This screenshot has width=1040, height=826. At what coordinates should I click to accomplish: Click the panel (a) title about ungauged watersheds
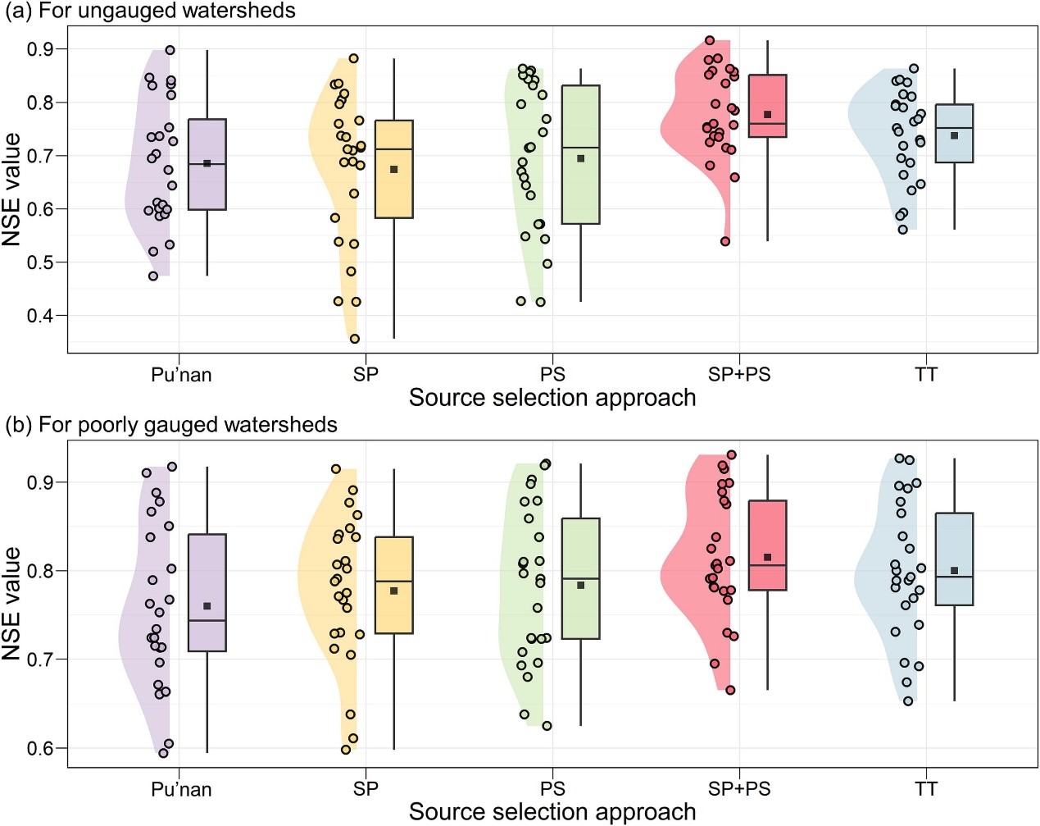click(x=151, y=11)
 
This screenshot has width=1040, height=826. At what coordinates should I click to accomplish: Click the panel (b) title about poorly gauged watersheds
click(x=171, y=425)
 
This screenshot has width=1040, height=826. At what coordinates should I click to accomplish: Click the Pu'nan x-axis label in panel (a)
click(x=181, y=375)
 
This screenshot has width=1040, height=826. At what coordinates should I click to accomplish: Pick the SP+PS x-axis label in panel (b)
click(x=739, y=789)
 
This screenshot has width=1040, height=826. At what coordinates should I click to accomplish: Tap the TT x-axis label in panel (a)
click(x=925, y=375)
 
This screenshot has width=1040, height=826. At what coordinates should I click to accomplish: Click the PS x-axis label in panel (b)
click(x=552, y=789)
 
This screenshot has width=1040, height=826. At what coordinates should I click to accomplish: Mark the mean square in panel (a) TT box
click(x=954, y=135)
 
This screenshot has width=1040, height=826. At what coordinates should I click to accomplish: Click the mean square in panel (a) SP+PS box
click(x=768, y=114)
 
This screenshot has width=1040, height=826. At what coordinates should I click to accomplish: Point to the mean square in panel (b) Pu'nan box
click(x=207, y=606)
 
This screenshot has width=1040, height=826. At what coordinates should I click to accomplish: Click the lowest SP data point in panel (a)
click(x=355, y=339)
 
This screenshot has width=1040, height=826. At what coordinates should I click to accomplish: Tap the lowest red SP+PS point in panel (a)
click(x=725, y=241)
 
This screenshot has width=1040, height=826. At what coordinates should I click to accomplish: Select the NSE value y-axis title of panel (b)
click(x=11, y=604)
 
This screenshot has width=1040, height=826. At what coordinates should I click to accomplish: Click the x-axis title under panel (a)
click(x=552, y=398)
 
